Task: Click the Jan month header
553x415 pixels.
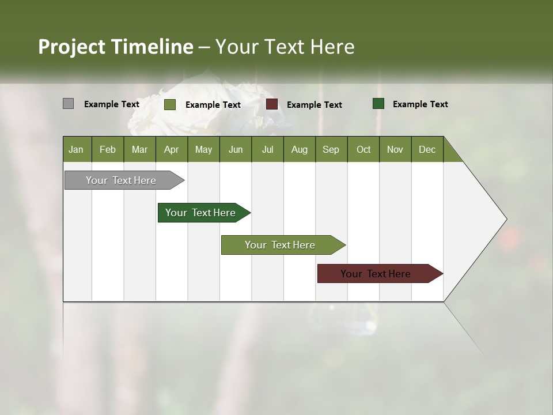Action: [76, 149]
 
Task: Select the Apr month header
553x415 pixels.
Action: [171, 149]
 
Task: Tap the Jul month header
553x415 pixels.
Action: [267, 149]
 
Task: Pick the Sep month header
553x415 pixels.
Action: [331, 149]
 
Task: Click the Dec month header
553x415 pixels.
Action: [427, 149]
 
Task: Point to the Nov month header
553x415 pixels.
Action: [395, 149]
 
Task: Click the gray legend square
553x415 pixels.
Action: [68, 104]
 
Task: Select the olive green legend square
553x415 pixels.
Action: [169, 104]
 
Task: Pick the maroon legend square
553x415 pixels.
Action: [272, 104]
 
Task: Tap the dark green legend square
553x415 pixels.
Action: [378, 104]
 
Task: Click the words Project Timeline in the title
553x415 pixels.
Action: [115, 47]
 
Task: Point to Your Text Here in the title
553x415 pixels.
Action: [285, 47]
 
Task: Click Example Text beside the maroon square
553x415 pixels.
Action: [314, 104]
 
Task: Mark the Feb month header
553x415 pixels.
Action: [108, 149]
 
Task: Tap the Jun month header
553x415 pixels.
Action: [235, 149]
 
